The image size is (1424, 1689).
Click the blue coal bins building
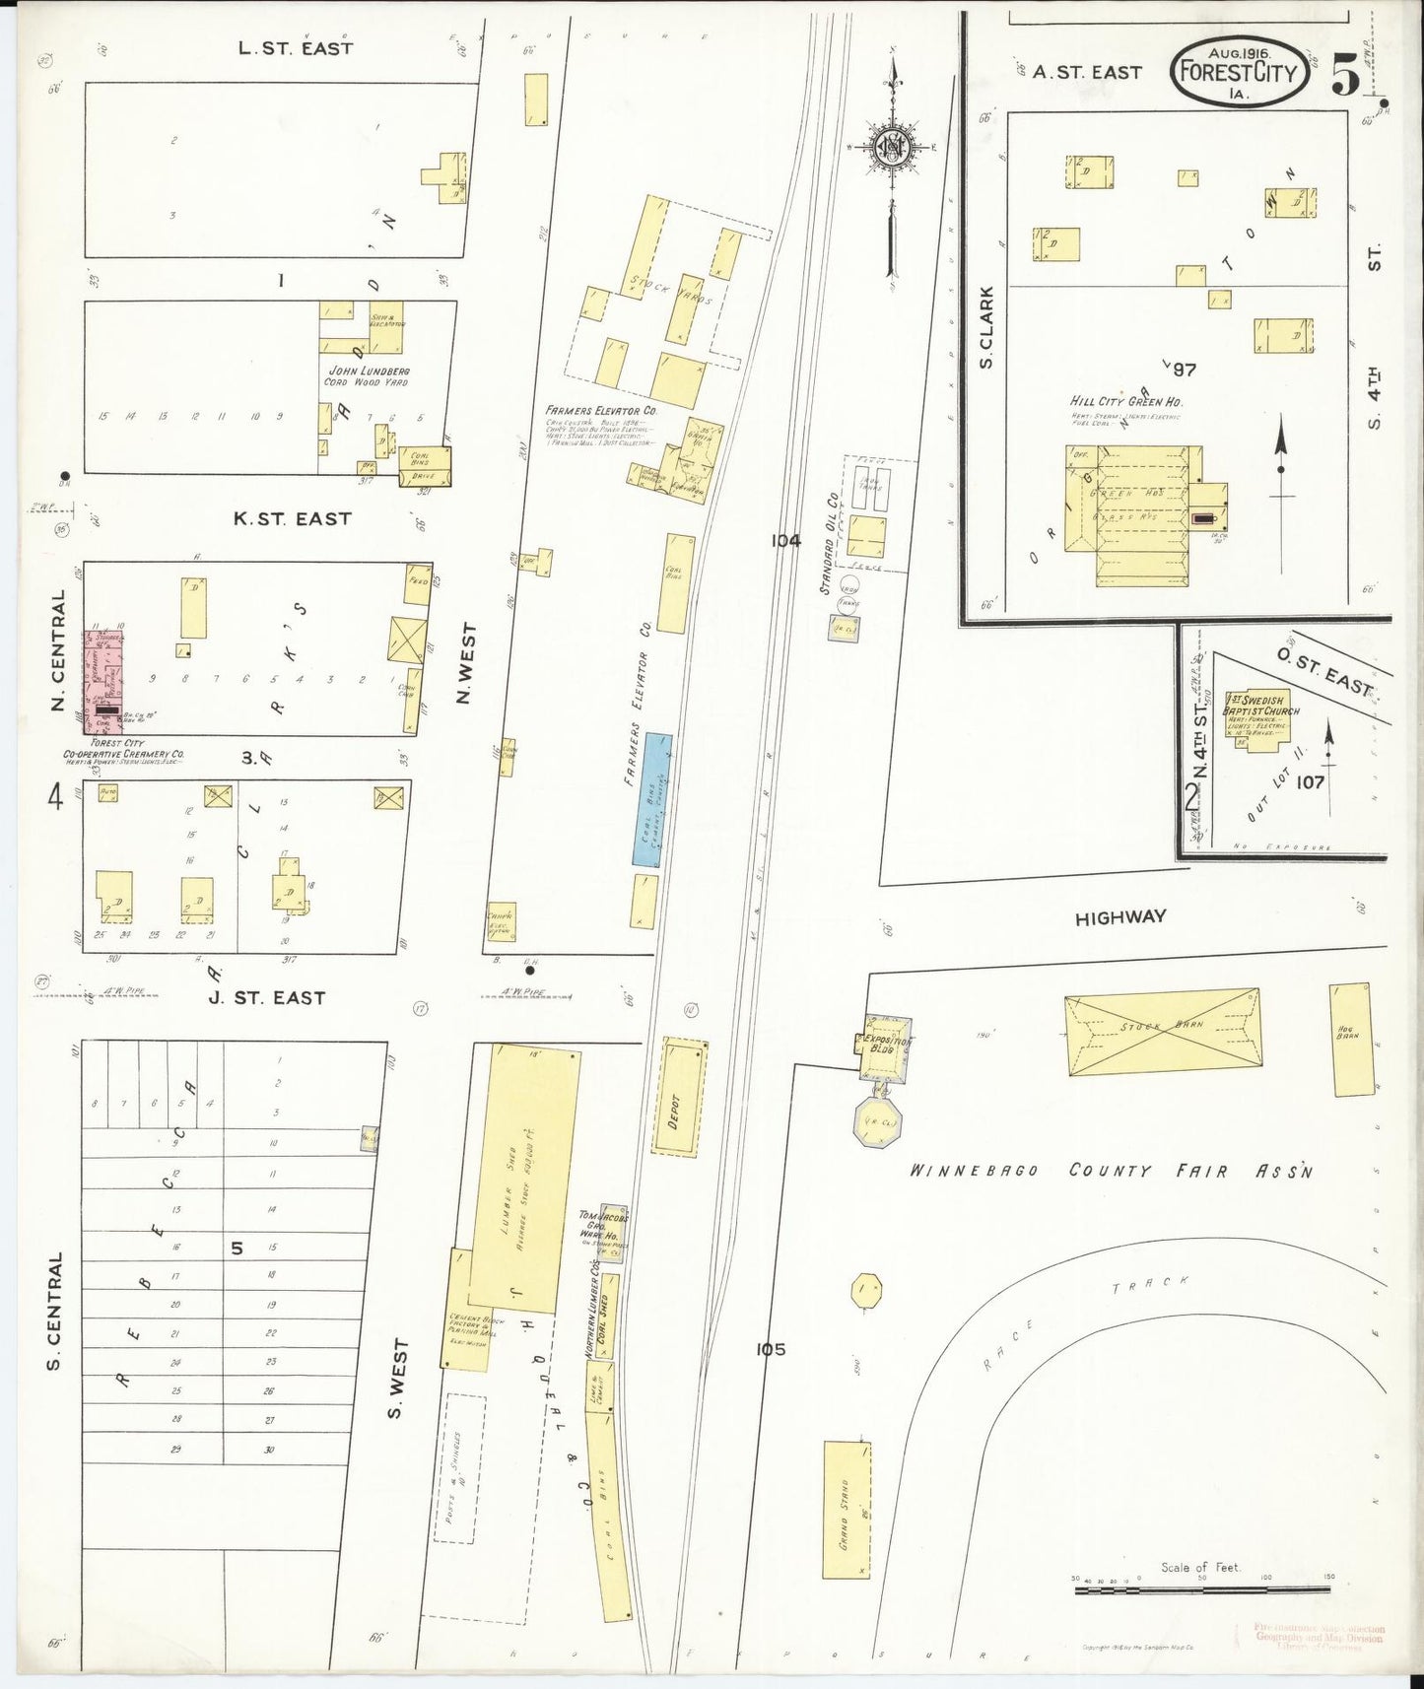click(651, 800)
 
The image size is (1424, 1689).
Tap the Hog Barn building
click(1351, 1039)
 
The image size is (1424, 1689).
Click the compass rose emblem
click(894, 148)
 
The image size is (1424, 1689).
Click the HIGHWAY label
click(1120, 917)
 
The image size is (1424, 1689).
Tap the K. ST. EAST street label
click(293, 518)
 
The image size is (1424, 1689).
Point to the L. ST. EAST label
click(296, 47)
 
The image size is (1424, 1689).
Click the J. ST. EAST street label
click(266, 997)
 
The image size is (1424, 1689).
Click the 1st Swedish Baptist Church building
click(1256, 719)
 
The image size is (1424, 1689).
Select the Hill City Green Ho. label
click(1125, 402)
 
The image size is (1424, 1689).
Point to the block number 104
click(785, 540)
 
